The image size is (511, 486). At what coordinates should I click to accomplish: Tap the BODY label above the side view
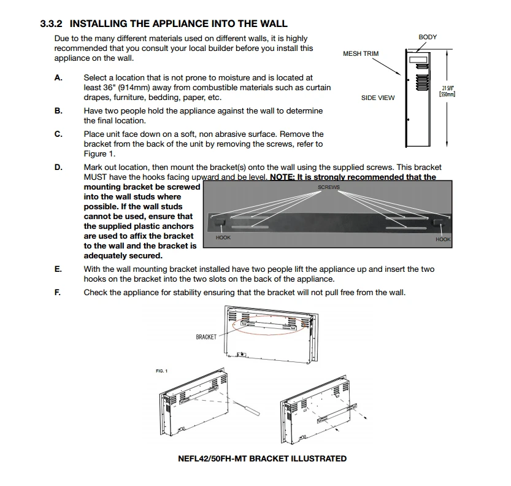[428, 37]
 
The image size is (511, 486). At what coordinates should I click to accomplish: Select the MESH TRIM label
[361, 54]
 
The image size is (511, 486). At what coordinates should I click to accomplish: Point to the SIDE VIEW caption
[378, 98]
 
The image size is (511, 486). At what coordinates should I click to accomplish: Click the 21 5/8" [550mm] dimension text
[447, 91]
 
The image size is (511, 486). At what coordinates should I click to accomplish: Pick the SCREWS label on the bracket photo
[329, 187]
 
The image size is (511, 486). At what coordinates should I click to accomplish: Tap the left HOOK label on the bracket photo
[223, 237]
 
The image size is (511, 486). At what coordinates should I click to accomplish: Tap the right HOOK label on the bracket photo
[443, 239]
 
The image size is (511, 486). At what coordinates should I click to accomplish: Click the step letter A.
[58, 78]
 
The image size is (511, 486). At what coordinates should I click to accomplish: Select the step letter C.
[58, 134]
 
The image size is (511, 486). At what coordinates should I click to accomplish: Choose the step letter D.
[58, 168]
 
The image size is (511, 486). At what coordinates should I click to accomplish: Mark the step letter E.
[58, 269]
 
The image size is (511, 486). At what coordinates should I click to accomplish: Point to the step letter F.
[58, 293]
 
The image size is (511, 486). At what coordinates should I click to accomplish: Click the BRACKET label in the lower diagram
[206, 337]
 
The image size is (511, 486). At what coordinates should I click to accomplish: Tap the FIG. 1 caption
[162, 371]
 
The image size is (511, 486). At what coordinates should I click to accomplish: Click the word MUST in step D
[96, 177]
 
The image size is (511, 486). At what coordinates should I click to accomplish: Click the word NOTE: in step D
[282, 177]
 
